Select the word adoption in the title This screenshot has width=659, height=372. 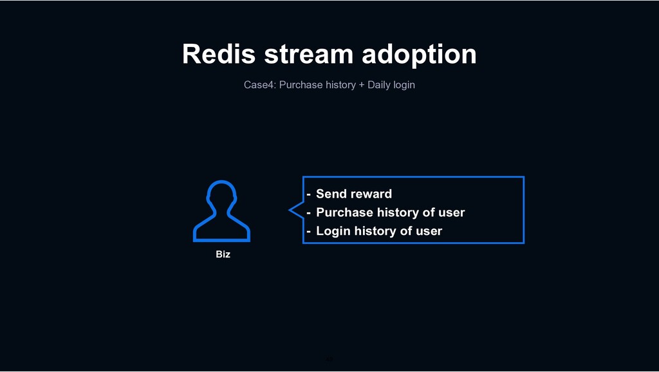(419, 55)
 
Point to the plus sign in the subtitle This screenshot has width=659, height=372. (362, 85)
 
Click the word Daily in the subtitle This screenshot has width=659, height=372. (378, 85)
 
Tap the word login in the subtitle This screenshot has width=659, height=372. (404, 85)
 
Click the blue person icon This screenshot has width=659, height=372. (221, 212)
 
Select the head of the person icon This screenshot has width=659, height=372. (221, 193)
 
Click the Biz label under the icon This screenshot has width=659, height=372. (223, 255)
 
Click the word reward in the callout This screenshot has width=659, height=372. (371, 194)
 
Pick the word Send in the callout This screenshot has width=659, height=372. (331, 194)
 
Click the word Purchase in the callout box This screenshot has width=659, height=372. (344, 212)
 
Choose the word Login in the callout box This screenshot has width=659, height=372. (333, 231)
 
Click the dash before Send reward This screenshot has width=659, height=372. (309, 194)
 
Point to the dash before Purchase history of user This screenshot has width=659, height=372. (309, 213)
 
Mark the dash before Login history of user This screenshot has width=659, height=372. (309, 232)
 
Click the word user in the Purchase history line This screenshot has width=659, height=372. (451, 212)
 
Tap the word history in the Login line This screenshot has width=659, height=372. (375, 231)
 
